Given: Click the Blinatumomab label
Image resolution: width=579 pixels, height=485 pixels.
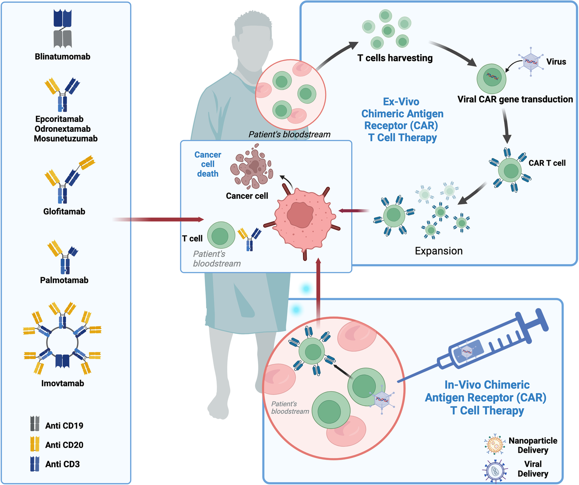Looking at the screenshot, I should pyautogui.click(x=63, y=57).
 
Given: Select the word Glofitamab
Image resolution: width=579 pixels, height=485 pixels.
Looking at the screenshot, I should pyautogui.click(x=64, y=212).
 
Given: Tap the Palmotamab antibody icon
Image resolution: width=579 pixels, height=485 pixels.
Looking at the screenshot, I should pyautogui.click(x=63, y=257).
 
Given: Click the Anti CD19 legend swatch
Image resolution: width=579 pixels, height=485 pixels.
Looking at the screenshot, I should pyautogui.click(x=35, y=423).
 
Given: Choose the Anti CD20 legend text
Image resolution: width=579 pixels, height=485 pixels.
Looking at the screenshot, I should pyautogui.click(x=64, y=445).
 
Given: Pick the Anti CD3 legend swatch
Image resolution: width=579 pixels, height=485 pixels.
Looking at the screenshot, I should pyautogui.click(x=35, y=464).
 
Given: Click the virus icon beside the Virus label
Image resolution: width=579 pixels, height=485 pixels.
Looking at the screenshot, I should pyautogui.click(x=531, y=61).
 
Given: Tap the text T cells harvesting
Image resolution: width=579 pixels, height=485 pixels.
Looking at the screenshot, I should pyautogui.click(x=395, y=58).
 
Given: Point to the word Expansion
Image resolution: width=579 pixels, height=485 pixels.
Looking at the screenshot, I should pyautogui.click(x=439, y=251).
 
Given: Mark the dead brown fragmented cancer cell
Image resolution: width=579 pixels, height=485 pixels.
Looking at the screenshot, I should pyautogui.click(x=253, y=167).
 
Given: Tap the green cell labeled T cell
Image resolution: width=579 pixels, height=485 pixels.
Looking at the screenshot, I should pyautogui.click(x=221, y=235).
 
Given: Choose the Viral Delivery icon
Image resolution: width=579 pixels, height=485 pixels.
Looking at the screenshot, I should pyautogui.click(x=495, y=471).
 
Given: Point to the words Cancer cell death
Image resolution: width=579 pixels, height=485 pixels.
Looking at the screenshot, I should pyautogui.click(x=208, y=164).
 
